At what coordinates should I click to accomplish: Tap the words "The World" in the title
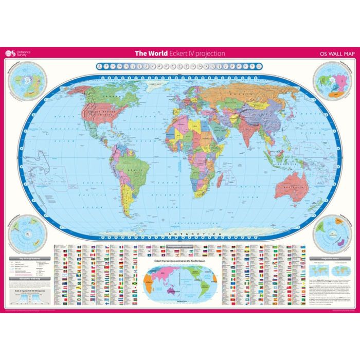pyautogui.click(x=149, y=53)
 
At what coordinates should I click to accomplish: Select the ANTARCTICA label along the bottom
pyautogui.click(x=190, y=235)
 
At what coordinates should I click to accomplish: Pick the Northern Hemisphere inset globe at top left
pyautogui.click(x=24, y=83)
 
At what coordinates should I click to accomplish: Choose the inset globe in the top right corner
pyautogui.click(x=332, y=82)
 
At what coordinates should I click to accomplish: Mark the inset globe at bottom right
pyautogui.click(x=332, y=230)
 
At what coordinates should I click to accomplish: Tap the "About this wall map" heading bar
pyautogui.click(x=29, y=278)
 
